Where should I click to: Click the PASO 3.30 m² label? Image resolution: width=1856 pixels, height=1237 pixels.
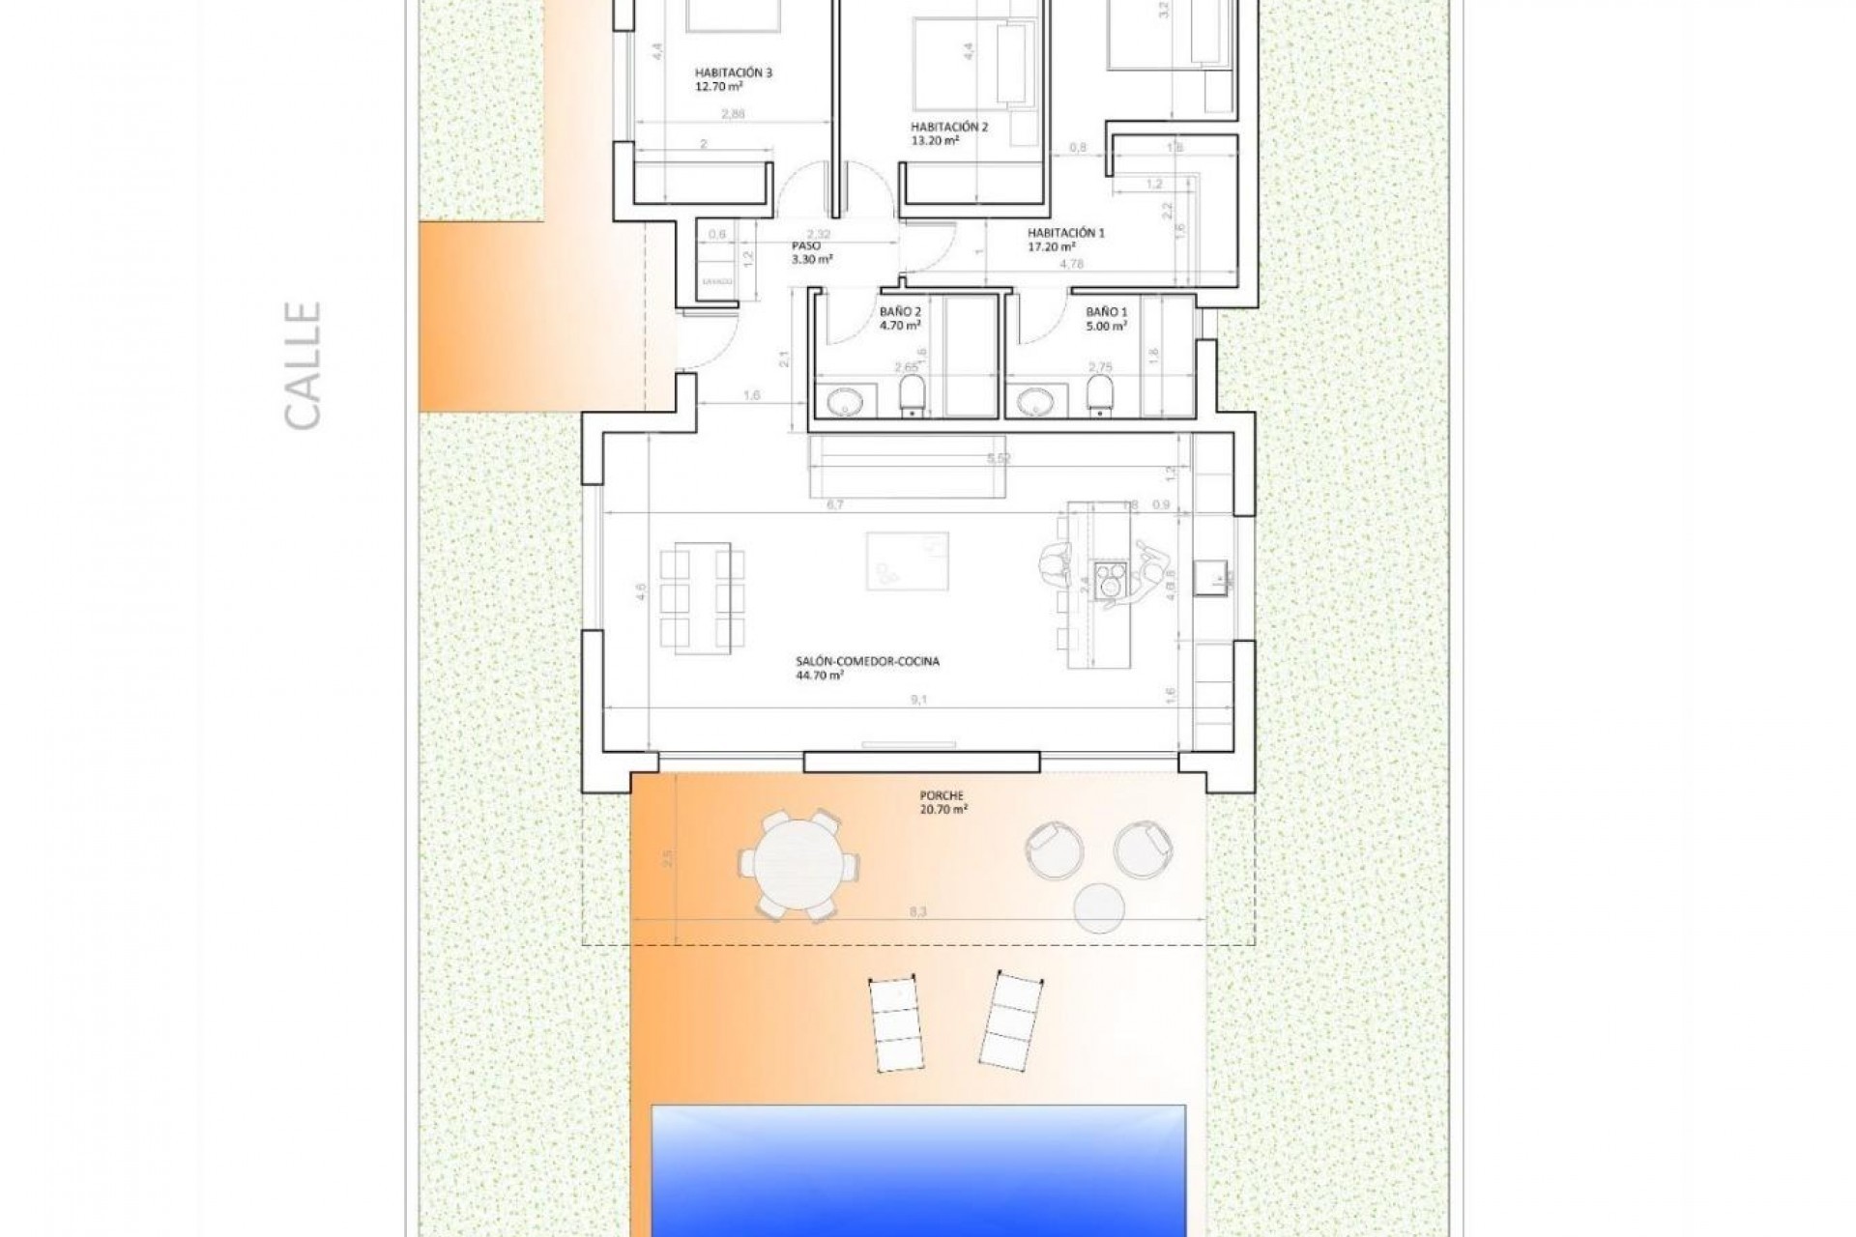click(810, 253)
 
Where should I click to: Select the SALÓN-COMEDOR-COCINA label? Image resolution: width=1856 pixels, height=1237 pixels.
click(866, 669)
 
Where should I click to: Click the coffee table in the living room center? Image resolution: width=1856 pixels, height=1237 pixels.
click(907, 561)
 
